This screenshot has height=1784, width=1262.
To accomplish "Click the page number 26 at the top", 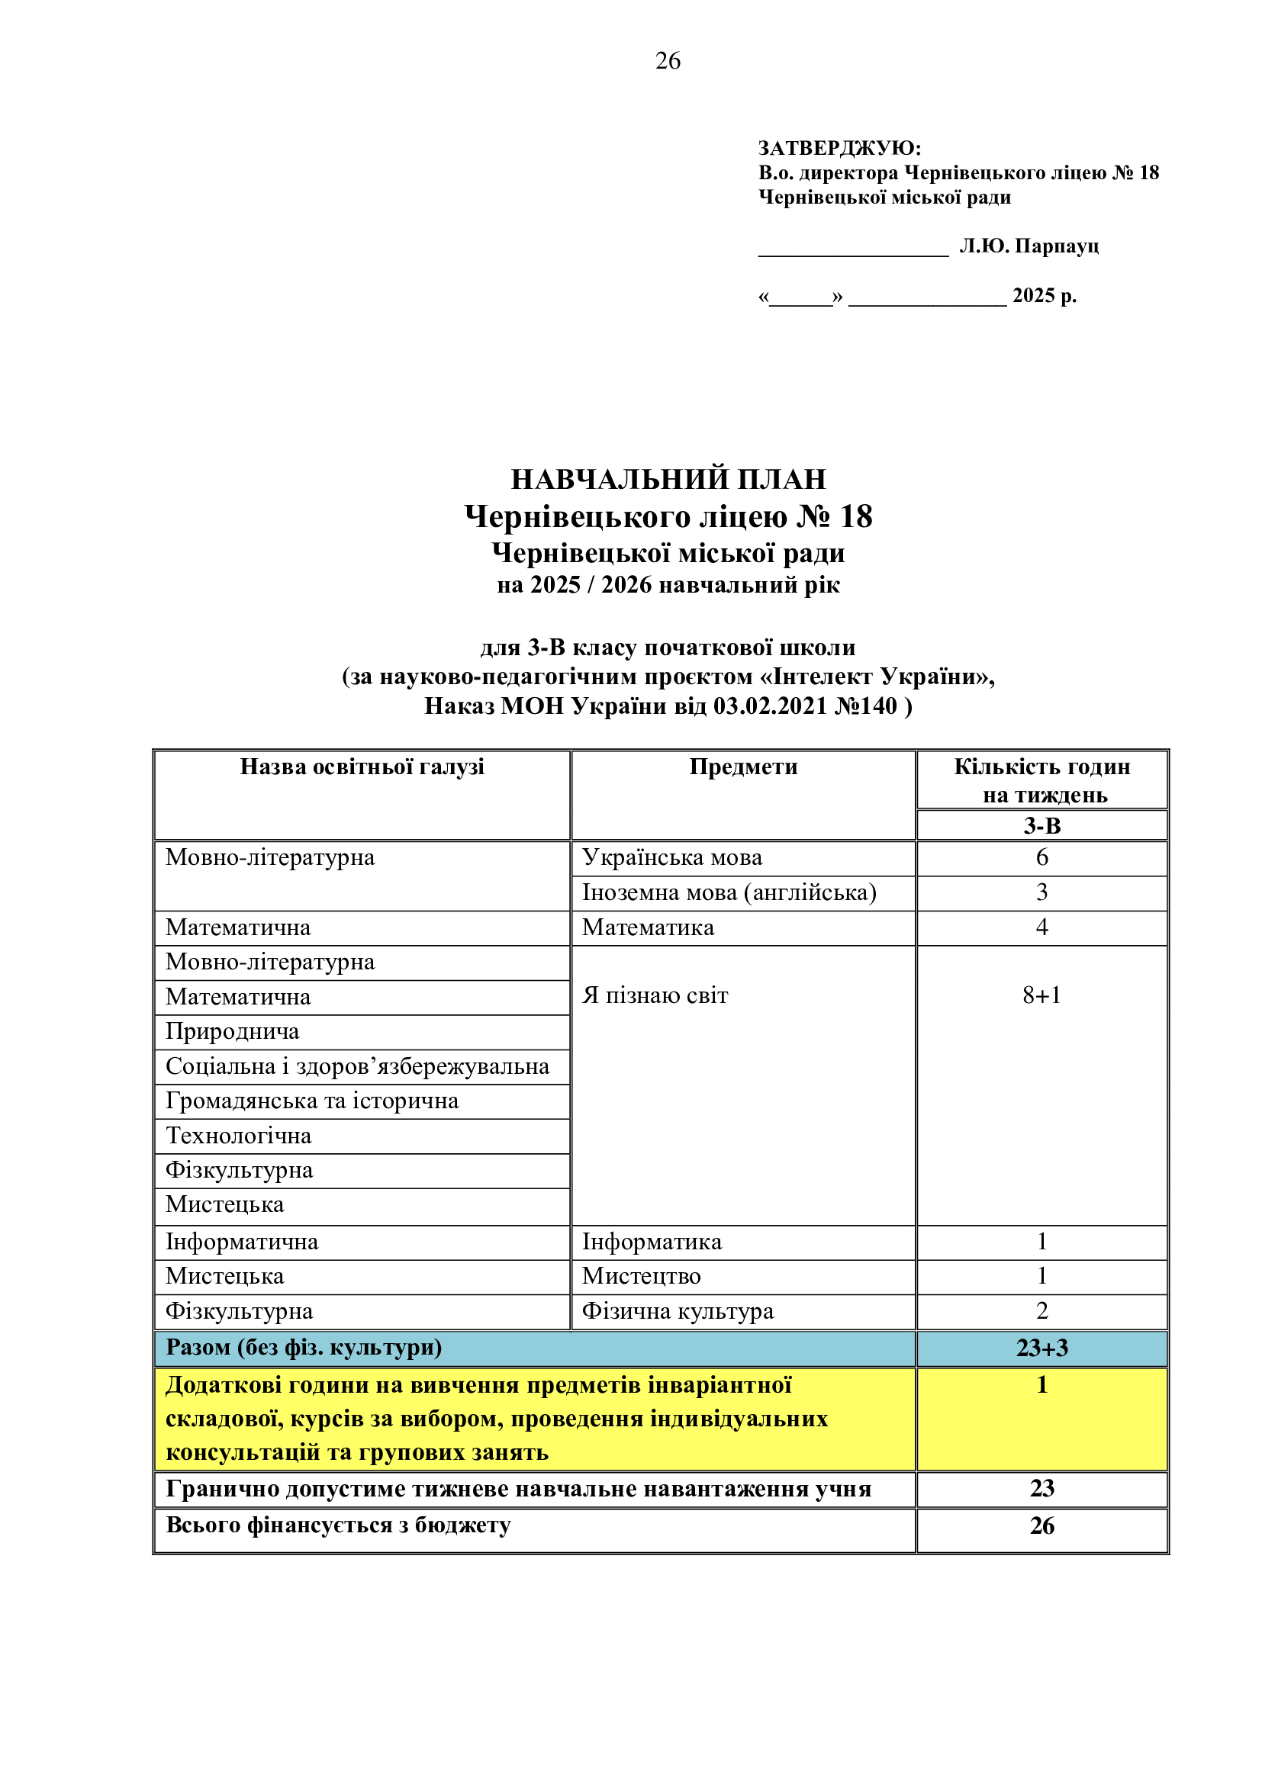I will click(668, 60).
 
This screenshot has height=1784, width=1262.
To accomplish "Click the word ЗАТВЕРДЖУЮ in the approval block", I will click(838, 148).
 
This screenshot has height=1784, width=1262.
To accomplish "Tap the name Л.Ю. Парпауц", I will click(1029, 246).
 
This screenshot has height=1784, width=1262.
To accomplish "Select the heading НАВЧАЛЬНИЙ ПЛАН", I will click(668, 479).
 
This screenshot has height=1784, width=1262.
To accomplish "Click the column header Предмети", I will click(743, 767).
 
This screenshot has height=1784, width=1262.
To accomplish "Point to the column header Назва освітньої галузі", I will click(362, 767).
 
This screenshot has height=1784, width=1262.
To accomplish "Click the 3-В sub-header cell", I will click(1041, 825).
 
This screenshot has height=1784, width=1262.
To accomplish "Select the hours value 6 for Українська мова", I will click(1041, 857).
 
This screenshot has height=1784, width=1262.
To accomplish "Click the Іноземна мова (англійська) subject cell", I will click(729, 892).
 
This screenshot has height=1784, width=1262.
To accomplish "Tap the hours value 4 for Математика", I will click(1041, 927).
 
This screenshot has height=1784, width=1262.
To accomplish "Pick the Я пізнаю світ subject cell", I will click(655, 995).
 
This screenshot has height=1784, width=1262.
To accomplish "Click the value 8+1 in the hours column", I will click(1041, 995).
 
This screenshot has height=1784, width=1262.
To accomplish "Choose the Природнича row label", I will click(233, 1031).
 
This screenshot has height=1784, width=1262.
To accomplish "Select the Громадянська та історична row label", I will click(311, 1101).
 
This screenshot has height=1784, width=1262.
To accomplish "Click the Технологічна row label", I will click(239, 1135).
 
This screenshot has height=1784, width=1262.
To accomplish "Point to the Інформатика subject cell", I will click(652, 1242).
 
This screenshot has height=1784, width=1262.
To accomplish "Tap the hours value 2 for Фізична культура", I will click(1041, 1311).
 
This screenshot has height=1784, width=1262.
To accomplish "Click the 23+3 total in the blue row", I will click(1041, 1347).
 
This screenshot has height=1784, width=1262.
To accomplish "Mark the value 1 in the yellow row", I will click(1041, 1384).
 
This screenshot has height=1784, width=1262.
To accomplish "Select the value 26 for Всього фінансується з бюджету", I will click(1041, 1525).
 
